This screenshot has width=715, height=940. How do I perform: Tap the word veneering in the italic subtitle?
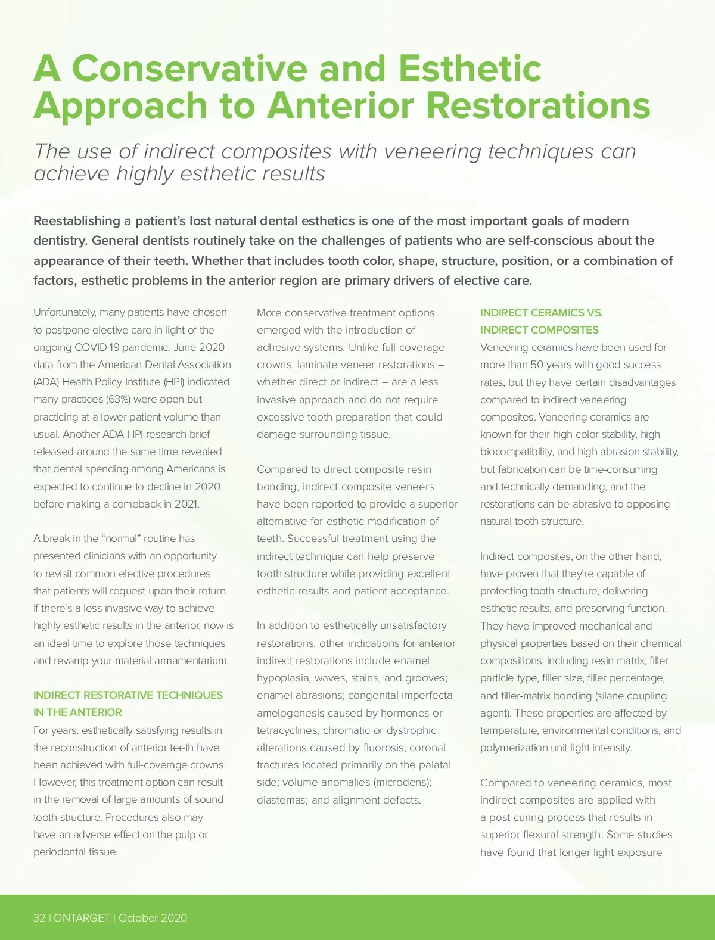click(x=431, y=151)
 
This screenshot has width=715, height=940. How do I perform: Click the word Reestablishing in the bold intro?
click(x=77, y=221)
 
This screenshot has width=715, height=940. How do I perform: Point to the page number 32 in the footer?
click(x=39, y=917)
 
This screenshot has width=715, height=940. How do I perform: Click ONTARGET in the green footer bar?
click(x=82, y=917)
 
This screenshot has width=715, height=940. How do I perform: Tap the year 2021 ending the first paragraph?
click(x=186, y=504)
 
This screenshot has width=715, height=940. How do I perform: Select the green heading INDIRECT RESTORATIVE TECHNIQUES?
click(x=128, y=695)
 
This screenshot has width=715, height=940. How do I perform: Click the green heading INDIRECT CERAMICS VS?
click(x=542, y=313)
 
